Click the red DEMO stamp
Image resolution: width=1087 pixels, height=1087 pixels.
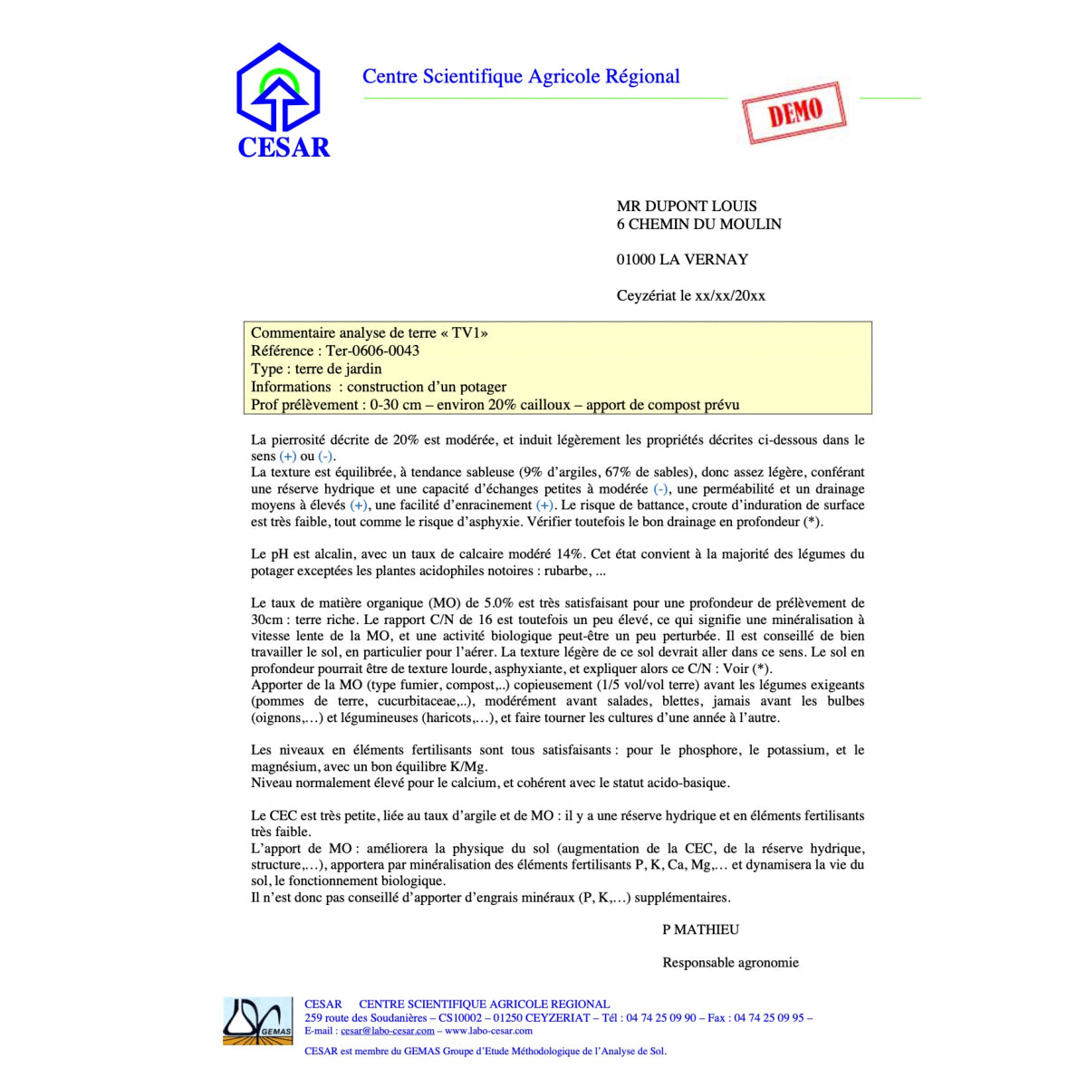click(794, 113)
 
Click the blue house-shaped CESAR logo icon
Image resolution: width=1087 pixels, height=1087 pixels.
click(278, 89)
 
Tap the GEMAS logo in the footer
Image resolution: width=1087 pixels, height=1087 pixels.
click(258, 1021)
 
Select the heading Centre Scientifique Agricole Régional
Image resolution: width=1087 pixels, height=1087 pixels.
click(521, 77)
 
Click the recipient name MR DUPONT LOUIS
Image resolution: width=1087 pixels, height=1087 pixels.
click(687, 207)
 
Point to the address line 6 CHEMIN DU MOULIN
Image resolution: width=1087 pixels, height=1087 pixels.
click(698, 225)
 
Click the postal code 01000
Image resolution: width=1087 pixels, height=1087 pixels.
click(636, 260)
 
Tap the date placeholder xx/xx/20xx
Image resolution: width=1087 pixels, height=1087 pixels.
click(730, 296)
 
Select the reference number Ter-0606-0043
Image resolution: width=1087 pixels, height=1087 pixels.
click(372, 351)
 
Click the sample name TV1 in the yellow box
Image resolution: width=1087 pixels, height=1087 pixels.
click(465, 333)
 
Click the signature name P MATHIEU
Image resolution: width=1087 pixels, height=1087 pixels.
click(700, 929)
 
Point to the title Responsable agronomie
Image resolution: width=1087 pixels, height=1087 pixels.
click(730, 963)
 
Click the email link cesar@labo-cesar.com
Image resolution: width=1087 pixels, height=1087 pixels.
click(388, 1031)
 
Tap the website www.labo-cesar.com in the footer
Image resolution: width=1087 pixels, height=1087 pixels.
click(488, 1031)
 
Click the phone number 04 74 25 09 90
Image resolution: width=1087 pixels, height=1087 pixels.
click(660, 1018)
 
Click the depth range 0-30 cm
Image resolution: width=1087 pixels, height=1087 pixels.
click(396, 405)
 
